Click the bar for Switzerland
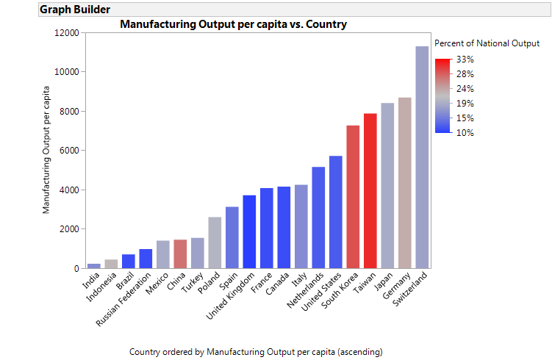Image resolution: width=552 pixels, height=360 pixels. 422,157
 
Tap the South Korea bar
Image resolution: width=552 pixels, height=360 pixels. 353,197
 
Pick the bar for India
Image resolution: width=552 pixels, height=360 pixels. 93,265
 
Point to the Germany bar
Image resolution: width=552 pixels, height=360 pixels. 404,183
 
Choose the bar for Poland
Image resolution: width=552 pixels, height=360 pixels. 215,242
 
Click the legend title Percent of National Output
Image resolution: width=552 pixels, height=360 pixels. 487,43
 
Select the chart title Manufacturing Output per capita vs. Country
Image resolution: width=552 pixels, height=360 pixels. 233,24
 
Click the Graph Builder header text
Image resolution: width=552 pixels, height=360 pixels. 75,10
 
